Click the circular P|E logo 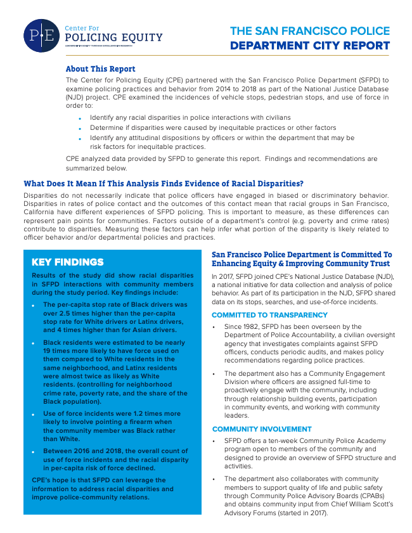pos(42,35)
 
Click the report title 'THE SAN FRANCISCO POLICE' pos(309,31)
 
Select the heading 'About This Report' pos(100,69)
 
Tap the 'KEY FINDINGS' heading pos(67,262)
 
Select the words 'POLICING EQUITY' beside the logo pos(114,38)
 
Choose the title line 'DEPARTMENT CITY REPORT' pos(309,46)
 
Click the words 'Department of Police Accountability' pos(272,335)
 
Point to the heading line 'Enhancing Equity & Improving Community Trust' pos(302,264)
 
